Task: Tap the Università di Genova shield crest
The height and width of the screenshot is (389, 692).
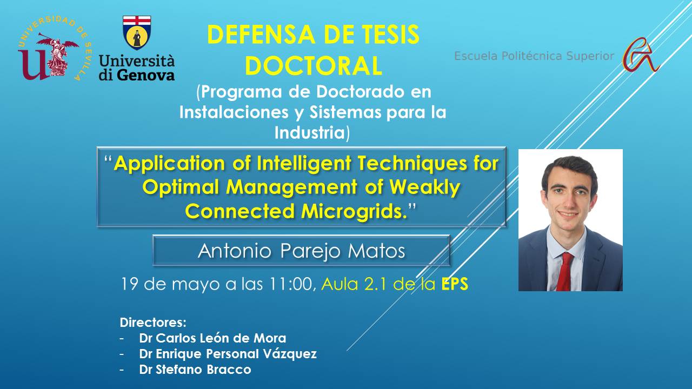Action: point(137,33)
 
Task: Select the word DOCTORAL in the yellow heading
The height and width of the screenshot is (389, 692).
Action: point(313,66)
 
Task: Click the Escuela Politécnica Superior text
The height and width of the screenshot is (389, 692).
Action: point(534,56)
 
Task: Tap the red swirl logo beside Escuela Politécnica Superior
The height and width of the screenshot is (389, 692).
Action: point(641,55)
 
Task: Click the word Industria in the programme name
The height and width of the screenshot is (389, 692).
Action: point(310,132)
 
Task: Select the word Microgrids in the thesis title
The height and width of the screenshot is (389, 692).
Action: point(354,211)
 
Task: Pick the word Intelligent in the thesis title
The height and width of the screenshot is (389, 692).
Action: point(304,164)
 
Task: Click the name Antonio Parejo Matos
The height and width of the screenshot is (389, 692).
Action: point(301,251)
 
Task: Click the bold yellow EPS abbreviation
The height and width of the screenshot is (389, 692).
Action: point(455,284)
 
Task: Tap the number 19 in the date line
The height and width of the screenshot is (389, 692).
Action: point(130,284)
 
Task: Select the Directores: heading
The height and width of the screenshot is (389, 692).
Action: point(153,323)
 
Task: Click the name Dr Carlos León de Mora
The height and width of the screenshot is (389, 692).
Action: point(212,338)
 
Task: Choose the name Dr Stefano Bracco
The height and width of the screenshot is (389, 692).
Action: point(195,370)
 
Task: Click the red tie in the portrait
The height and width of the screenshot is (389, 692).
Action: point(565,271)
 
